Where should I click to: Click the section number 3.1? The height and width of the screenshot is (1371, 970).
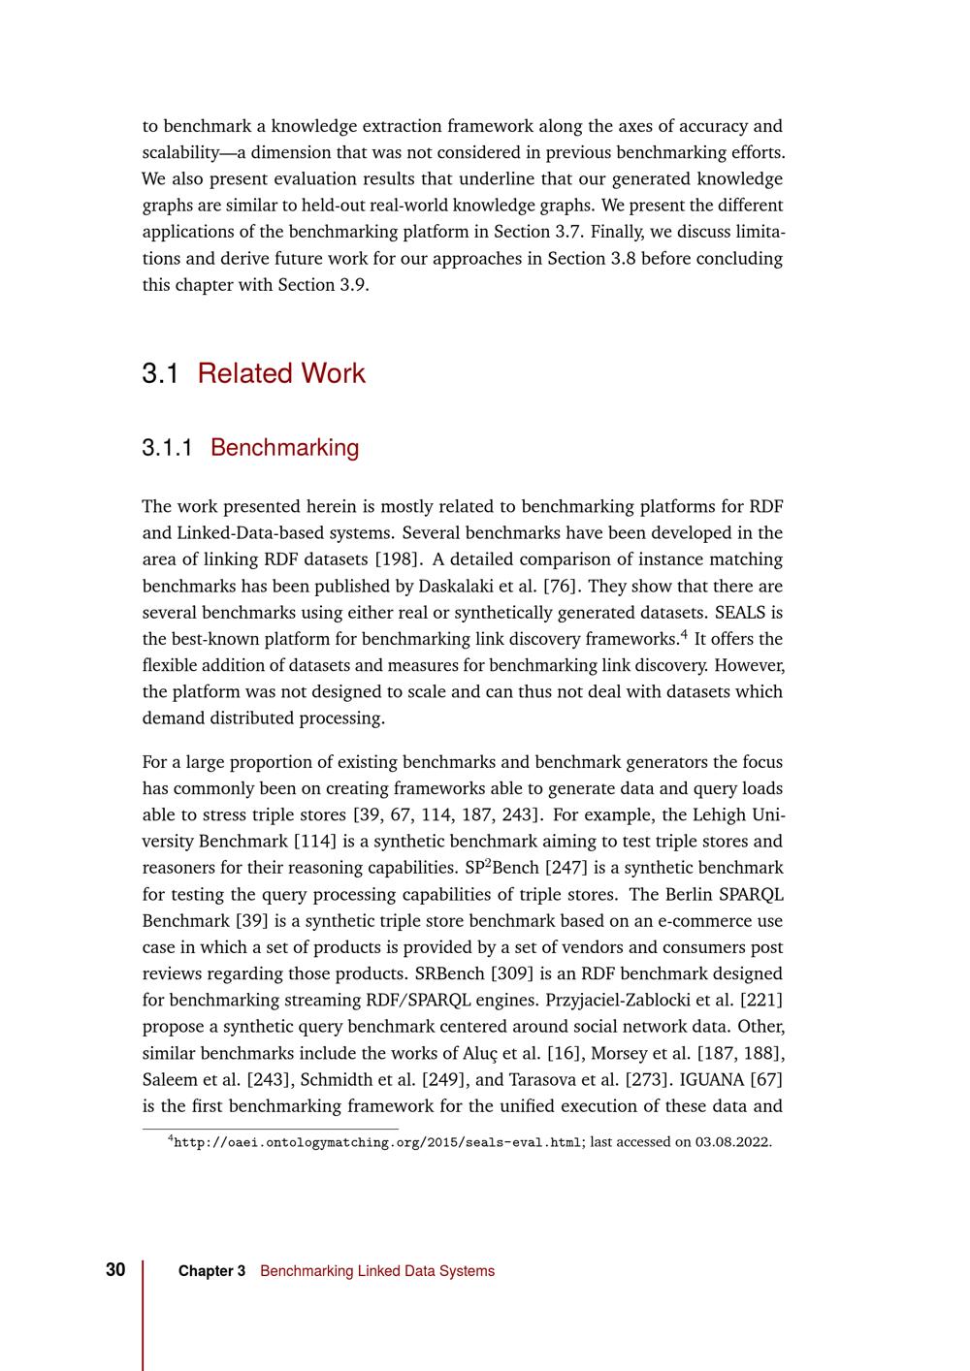[160, 374]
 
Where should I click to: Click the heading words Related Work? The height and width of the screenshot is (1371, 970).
[281, 374]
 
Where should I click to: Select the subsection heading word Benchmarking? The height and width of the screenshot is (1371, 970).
[284, 448]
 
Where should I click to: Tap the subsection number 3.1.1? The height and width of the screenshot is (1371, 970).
[167, 448]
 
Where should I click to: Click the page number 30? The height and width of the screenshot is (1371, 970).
[115, 1270]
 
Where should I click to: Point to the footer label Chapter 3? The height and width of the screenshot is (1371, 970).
[211, 1271]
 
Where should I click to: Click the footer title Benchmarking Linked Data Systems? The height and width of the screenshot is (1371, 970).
[377, 1271]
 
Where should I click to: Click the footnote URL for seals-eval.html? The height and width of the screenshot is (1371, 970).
[376, 1142]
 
